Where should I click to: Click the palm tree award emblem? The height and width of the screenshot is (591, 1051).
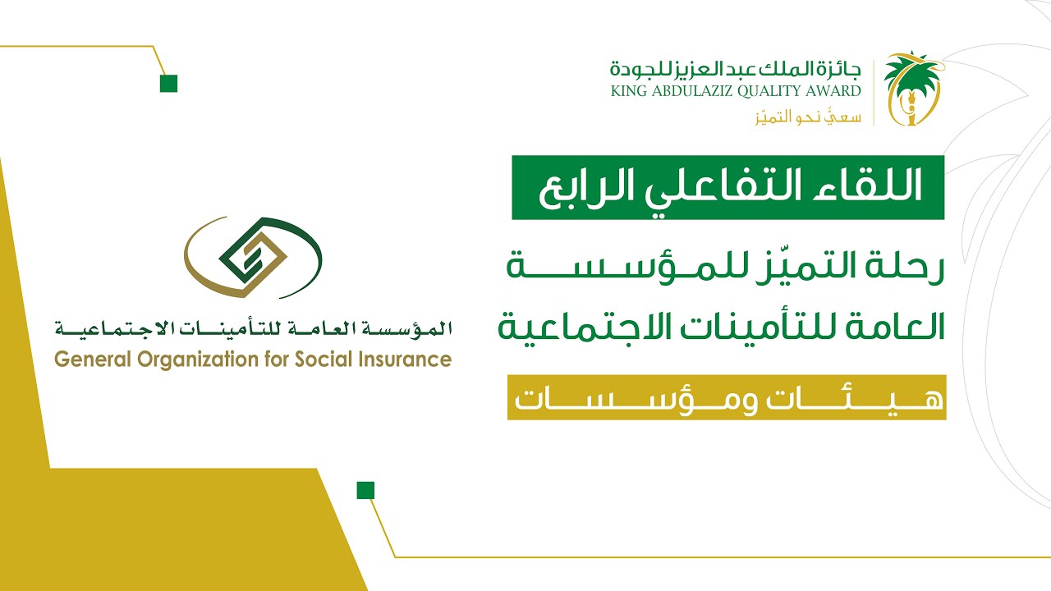coord(911,89)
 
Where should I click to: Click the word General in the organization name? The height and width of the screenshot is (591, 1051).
coord(89,360)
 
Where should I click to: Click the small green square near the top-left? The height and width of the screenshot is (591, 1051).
coord(168,83)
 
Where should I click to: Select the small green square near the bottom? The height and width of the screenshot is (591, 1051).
coord(365,491)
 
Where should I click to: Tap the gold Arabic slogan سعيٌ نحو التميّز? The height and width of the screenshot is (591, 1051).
coord(808,116)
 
